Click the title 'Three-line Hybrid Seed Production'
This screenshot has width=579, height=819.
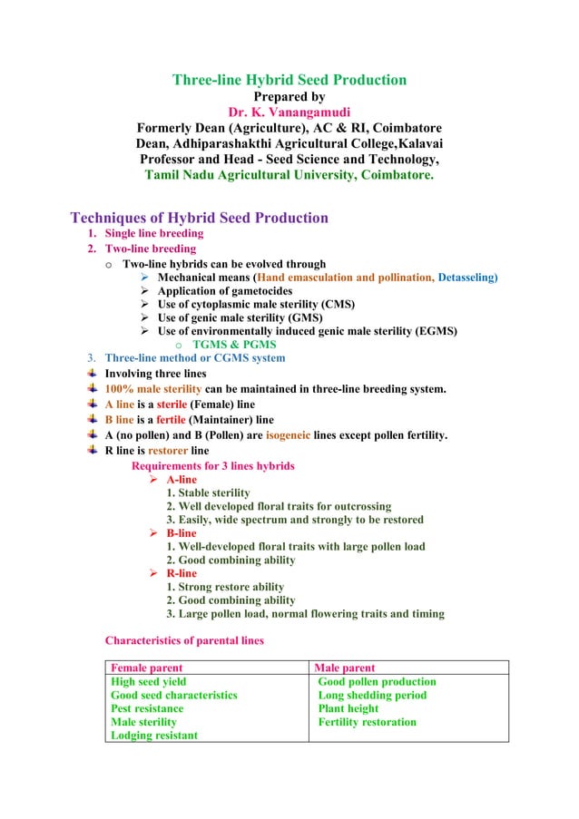click(289, 80)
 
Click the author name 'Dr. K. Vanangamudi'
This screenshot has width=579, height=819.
click(289, 112)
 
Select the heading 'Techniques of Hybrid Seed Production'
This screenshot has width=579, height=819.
click(199, 218)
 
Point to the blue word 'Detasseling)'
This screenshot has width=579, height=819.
click(467, 278)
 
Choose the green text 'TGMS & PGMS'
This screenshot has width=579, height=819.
click(234, 345)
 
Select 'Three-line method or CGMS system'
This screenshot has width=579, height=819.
click(195, 358)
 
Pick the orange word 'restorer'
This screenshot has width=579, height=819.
click(168, 451)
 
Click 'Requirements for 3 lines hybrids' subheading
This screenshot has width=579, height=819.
click(213, 465)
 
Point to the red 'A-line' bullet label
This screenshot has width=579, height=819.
click(182, 479)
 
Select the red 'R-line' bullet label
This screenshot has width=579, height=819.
click(182, 573)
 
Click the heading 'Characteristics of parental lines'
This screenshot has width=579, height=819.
click(184, 640)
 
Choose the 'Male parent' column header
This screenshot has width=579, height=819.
click(344, 668)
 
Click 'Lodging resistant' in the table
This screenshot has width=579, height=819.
click(153, 736)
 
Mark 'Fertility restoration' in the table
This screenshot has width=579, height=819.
click(368, 722)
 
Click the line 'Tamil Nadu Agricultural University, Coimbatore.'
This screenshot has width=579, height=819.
click(289, 174)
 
